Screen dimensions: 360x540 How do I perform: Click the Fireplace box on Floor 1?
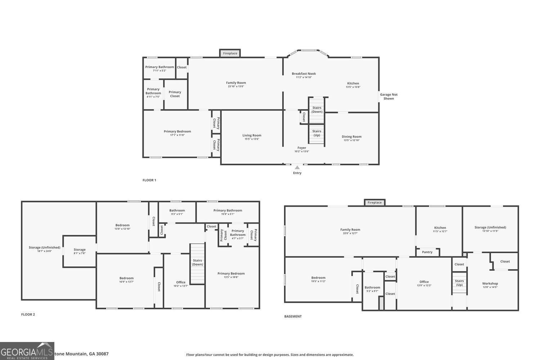[230, 53]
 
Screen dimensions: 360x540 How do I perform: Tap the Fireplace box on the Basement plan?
[374, 202]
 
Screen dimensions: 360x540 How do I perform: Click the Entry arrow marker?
[297, 167]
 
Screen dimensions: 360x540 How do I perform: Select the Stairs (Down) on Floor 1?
[317, 110]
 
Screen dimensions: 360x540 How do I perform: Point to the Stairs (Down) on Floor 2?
[197, 263]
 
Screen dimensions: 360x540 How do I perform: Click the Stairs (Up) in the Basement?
[459, 283]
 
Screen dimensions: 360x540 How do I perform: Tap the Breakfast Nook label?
[303, 73]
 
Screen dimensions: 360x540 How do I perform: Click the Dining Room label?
[351, 136]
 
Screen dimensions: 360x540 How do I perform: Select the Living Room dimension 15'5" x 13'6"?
[252, 139]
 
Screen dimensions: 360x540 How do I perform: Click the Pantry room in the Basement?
[427, 252]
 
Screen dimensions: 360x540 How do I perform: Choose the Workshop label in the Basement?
[490, 283]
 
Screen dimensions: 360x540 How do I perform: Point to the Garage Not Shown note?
[388, 96]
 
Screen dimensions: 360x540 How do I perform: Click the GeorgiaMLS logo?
[27, 351]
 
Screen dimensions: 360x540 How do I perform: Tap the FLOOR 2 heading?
[28, 314]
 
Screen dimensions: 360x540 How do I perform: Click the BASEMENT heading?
[293, 316]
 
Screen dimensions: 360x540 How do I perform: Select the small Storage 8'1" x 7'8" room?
[80, 251]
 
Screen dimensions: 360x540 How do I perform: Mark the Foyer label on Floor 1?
[302, 148]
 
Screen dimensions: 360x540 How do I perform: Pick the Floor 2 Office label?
[181, 282]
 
